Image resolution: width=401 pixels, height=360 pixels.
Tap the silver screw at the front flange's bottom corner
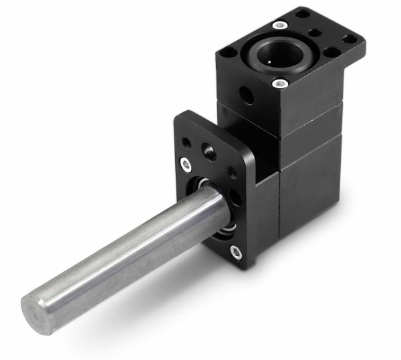coord(235,251)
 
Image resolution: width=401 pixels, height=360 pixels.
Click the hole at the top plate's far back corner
coord(304,13)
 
